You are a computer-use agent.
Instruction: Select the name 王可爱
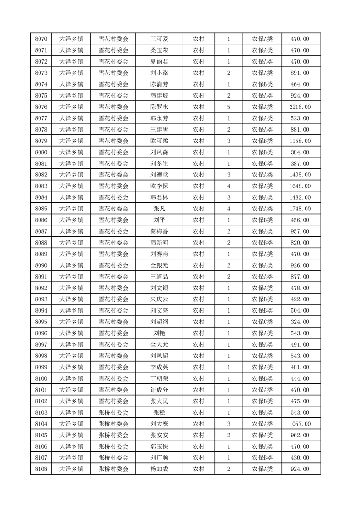point(159,39)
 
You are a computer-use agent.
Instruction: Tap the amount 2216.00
point(300,107)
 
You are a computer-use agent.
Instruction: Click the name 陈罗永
point(159,107)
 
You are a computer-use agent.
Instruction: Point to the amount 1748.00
point(300,209)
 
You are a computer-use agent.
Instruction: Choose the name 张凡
point(159,209)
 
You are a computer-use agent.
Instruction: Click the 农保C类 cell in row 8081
point(262,164)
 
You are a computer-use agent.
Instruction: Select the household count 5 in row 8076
point(228,107)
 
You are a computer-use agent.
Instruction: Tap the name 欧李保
point(159,186)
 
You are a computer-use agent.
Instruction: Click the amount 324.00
point(300,322)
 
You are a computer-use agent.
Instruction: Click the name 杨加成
point(159,469)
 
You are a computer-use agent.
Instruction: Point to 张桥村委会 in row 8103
point(113,412)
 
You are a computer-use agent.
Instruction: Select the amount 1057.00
point(300,424)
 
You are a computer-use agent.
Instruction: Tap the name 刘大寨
point(159,424)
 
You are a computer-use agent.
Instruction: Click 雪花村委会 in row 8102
point(113,401)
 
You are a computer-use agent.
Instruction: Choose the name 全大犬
point(159,345)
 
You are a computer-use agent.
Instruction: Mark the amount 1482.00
point(300,197)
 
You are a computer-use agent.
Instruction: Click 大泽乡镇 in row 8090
point(71,265)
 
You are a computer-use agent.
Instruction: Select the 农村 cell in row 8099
point(198,367)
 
